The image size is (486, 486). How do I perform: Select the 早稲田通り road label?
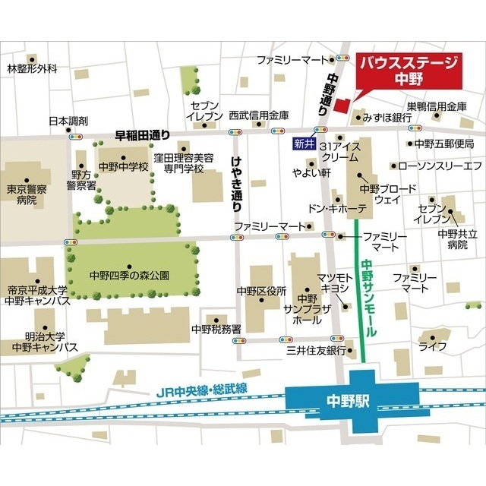(x=143, y=134)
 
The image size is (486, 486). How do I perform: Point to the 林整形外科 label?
(x=32, y=69)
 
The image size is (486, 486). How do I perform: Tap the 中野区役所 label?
(x=260, y=291)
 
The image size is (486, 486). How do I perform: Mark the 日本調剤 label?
(x=68, y=121)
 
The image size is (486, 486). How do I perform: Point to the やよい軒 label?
(x=294, y=172)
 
